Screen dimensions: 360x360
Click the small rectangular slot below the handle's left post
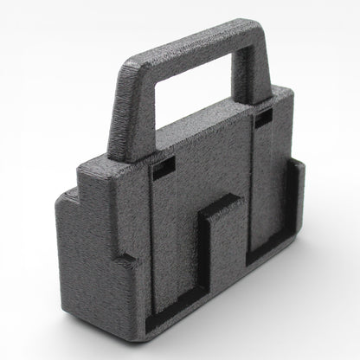pyautogui.click(x=158, y=170)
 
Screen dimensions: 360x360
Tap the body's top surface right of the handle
pyautogui.click(x=277, y=95)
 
